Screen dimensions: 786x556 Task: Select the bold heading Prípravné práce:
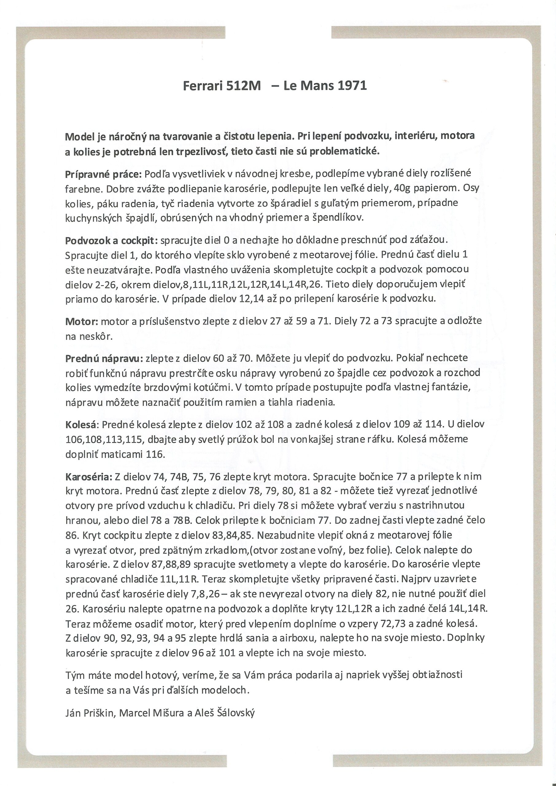point(103,174)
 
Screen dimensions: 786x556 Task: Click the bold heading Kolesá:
point(82,424)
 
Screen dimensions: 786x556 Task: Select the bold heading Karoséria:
point(89,477)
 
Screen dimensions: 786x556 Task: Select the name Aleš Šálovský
point(225,713)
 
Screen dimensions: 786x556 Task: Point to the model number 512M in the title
point(243,85)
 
